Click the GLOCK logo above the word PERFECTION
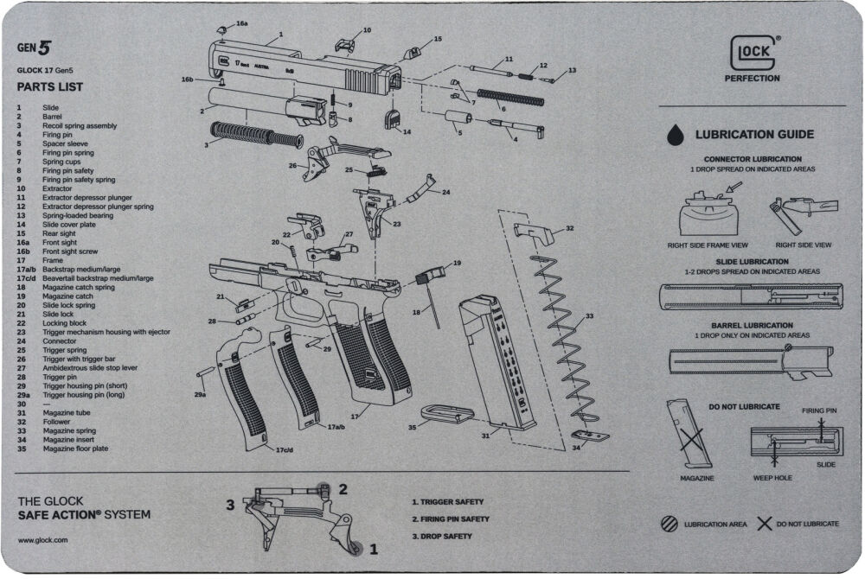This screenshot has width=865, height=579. (753, 53)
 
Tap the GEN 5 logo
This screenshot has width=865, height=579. (34, 48)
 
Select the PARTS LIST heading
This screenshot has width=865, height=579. (49, 87)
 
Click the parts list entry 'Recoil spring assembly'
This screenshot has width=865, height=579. (80, 125)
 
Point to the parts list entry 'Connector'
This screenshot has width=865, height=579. (60, 341)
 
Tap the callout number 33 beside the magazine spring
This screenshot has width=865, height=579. (590, 315)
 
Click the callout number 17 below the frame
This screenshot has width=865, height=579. (355, 417)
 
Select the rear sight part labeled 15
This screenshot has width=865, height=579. (413, 54)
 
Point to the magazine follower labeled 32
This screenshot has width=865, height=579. (534, 233)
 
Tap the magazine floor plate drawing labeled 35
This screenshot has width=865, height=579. (447, 414)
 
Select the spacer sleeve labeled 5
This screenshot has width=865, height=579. (458, 118)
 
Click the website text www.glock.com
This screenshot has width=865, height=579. (42, 540)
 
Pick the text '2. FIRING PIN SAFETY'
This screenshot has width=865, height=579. (451, 519)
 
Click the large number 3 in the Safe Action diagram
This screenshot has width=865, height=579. (231, 505)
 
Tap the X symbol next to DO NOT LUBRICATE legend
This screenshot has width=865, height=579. (764, 524)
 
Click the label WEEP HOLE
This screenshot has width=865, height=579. (772, 478)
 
